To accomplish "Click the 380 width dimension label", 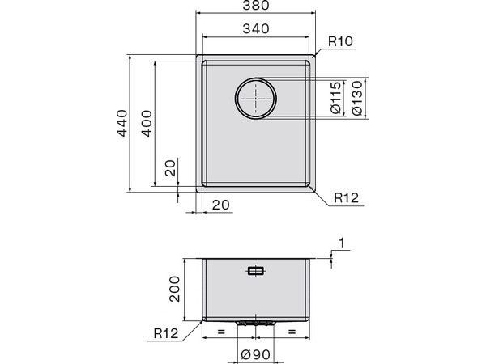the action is [256, 6].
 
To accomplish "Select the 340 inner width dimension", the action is [256, 29].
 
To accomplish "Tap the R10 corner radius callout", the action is [340, 41].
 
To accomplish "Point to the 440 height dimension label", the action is [122, 123].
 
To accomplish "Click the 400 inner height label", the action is [147, 123].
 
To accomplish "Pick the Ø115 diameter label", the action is [335, 98].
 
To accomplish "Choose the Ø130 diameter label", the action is [357, 98].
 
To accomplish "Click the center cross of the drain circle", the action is [256, 99].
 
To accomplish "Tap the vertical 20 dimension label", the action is [170, 167].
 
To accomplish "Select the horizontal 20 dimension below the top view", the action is [221, 205].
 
